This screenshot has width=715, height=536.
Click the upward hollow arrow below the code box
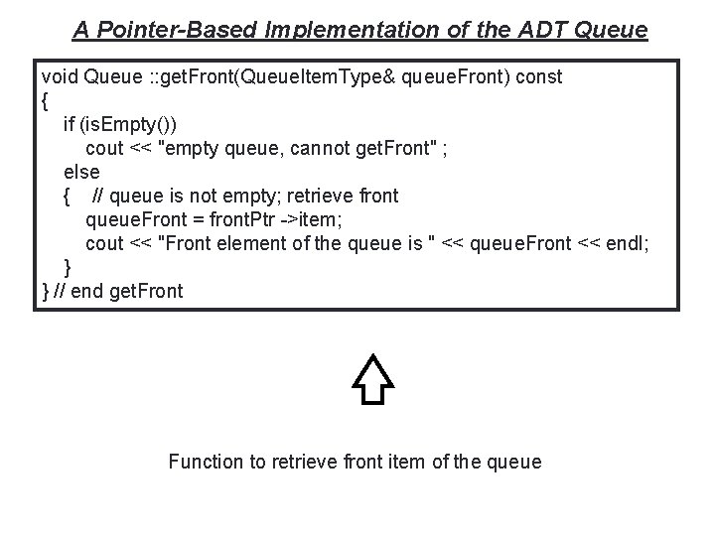click(x=372, y=379)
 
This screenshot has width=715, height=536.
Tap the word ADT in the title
click(x=541, y=30)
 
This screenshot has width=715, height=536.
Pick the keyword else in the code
click(x=81, y=172)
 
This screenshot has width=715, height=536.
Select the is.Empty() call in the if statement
click(x=132, y=124)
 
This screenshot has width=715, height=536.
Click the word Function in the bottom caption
click(x=205, y=462)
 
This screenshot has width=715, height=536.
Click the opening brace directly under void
click(x=46, y=100)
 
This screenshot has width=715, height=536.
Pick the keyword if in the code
click(x=69, y=124)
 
